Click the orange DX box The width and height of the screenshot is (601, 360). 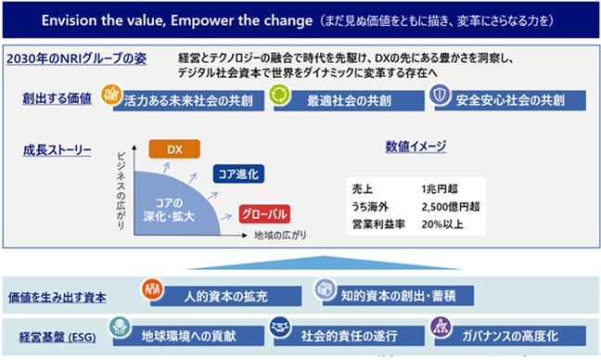(174, 149)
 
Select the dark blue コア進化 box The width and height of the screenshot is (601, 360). (238, 174)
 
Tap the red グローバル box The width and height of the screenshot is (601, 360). (264, 214)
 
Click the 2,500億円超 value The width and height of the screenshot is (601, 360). (451, 207)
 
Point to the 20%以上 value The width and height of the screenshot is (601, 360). (442, 225)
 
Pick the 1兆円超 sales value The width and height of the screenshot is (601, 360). (440, 189)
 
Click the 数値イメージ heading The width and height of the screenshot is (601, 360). (416, 146)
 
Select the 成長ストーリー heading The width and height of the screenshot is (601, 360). (58, 150)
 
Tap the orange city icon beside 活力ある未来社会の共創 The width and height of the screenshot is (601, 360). (111, 95)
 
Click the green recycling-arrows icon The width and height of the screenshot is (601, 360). (279, 95)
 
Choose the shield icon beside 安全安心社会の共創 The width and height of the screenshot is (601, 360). (440, 95)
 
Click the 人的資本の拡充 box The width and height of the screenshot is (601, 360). (225, 296)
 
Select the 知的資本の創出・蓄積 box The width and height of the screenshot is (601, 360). (398, 296)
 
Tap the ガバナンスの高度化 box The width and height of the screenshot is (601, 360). (510, 336)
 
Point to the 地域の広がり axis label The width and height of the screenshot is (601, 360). (280, 236)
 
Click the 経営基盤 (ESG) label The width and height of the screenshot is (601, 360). (58, 338)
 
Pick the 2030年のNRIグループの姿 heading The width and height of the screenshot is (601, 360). (77, 58)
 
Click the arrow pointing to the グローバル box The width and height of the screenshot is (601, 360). (226, 217)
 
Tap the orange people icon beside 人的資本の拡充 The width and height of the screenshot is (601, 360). (152, 289)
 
